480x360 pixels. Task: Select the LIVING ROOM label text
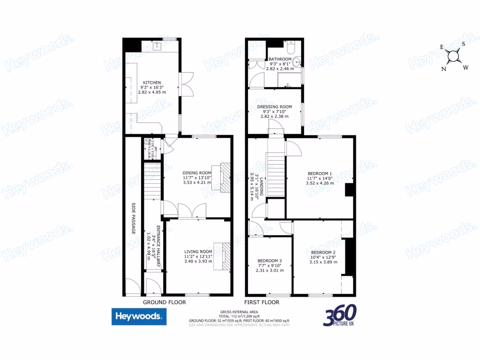click(x=198, y=252)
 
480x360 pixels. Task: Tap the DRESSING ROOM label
click(x=274, y=107)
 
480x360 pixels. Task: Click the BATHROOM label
click(x=280, y=60)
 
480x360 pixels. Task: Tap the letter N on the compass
click(x=443, y=68)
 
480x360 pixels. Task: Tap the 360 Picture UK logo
click(x=340, y=315)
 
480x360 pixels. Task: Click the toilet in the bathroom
click(x=290, y=48)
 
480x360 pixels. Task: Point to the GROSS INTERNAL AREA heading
click(x=240, y=312)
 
